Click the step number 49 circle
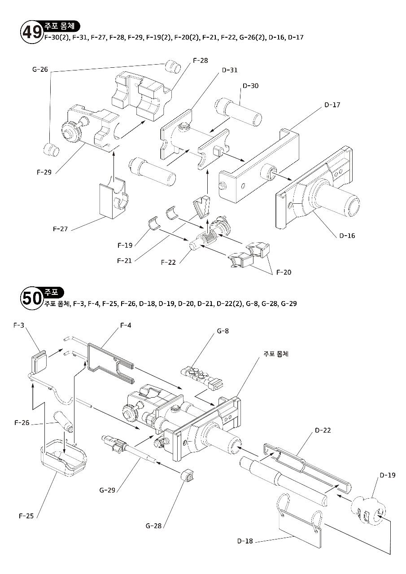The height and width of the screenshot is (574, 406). [31, 33]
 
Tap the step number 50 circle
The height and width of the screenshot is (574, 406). [31, 298]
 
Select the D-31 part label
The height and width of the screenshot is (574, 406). [230, 70]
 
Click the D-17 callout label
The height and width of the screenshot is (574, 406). [332, 105]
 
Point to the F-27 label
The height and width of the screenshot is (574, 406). [60, 229]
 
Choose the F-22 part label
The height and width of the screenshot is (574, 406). [168, 262]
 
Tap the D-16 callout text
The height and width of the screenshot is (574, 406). [347, 236]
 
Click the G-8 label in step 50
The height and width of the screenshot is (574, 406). [223, 331]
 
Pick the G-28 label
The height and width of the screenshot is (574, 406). [153, 526]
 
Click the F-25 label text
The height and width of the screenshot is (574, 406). [26, 516]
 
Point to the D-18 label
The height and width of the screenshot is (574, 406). [245, 541]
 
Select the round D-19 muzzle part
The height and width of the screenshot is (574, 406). [368, 508]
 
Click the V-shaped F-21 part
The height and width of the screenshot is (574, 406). [202, 206]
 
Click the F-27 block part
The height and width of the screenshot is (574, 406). [113, 199]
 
